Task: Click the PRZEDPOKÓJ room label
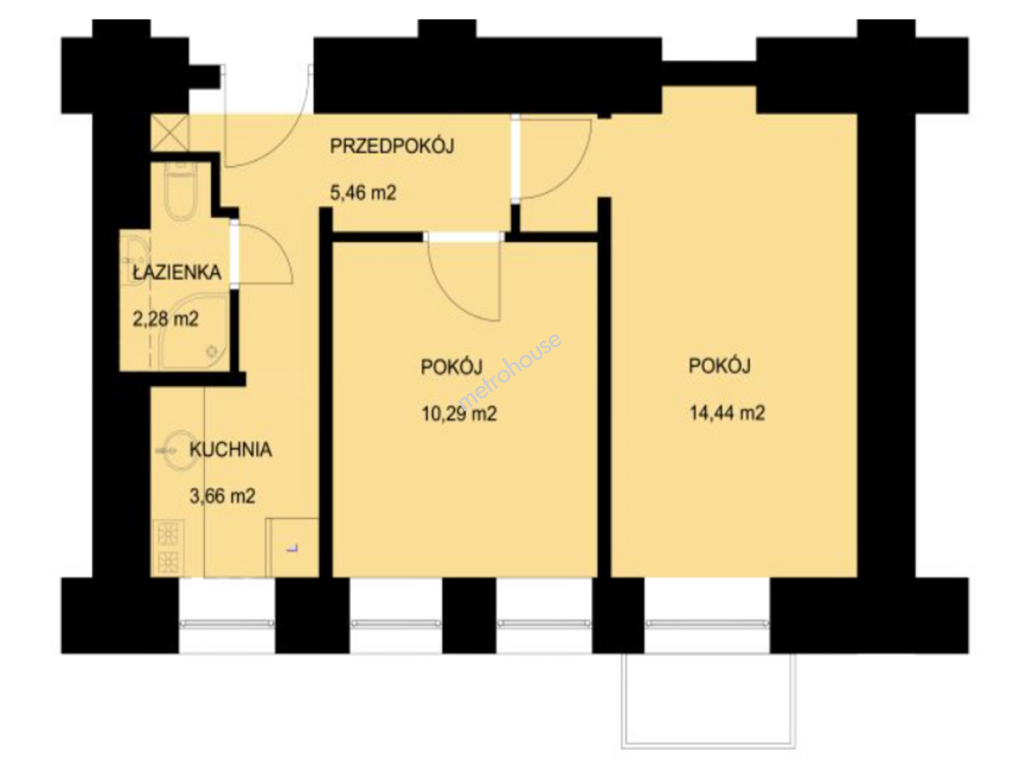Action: [x=391, y=146]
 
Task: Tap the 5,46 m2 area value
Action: [x=363, y=192]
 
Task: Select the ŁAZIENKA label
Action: [x=177, y=272]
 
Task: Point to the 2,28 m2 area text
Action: [x=166, y=320]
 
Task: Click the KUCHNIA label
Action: [x=231, y=449]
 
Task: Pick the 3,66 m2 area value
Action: [x=222, y=496]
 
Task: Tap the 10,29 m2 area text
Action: [x=459, y=413]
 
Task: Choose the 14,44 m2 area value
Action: [x=727, y=413]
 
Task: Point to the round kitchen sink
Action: [x=180, y=451]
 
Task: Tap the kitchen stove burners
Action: [x=168, y=548]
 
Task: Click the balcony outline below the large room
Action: [x=708, y=748]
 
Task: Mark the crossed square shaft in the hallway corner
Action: [x=170, y=133]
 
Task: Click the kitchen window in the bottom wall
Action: [x=227, y=623]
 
